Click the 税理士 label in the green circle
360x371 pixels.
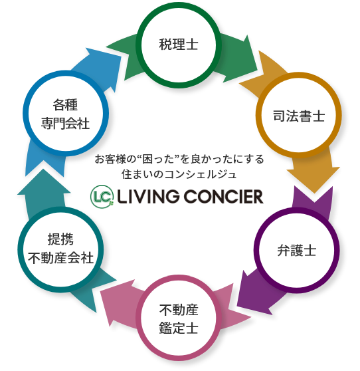[179, 44]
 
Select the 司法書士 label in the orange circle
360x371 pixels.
[299, 116]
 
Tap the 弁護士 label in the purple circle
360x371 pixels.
[297, 251]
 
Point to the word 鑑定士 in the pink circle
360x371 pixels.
[179, 328]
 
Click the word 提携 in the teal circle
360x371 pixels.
[60, 239]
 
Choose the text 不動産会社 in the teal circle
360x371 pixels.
[60, 258]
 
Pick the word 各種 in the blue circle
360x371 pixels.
[65, 104]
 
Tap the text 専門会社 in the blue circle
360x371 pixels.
[65, 123]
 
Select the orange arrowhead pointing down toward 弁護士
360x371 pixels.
[314, 179]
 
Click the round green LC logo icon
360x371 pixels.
[102, 197]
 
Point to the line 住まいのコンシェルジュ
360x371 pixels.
[179, 174]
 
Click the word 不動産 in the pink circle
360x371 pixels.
[179, 310]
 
